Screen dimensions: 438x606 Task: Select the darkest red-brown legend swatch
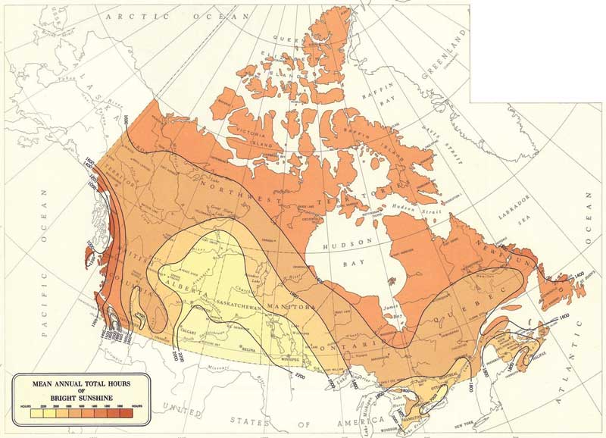[126, 407]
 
